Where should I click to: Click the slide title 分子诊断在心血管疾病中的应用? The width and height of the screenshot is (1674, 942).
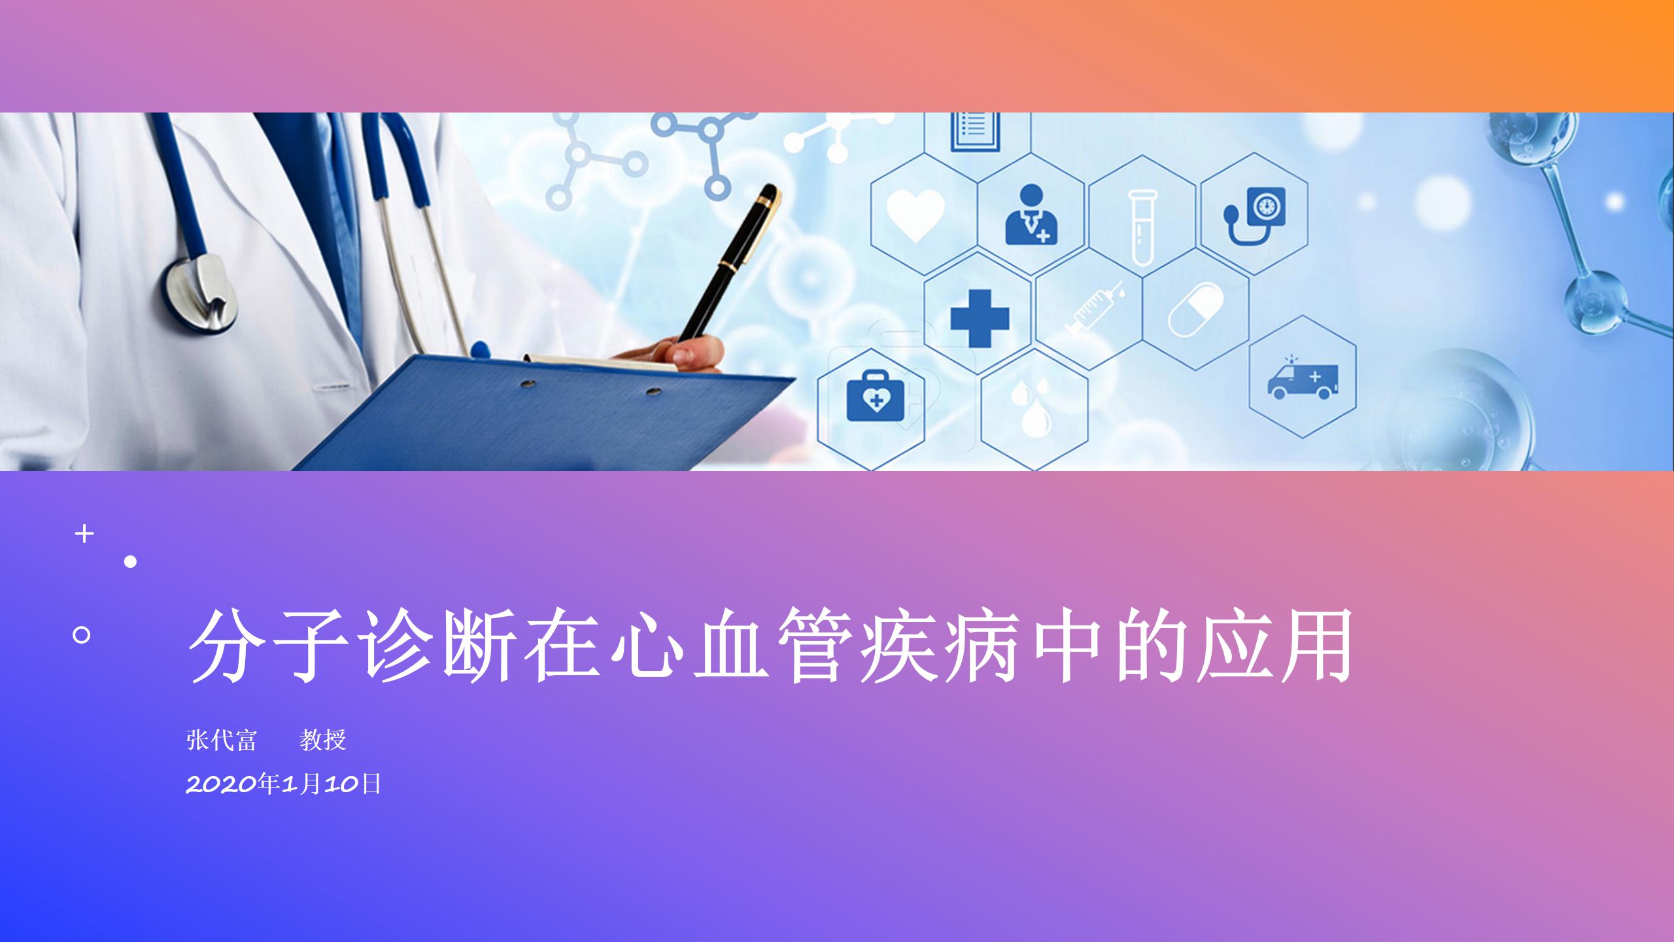(x=770, y=645)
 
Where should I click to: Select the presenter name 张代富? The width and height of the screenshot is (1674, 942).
(x=222, y=740)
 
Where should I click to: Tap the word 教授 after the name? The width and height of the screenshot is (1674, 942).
(x=322, y=740)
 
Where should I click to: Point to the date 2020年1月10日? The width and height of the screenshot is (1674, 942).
(x=284, y=783)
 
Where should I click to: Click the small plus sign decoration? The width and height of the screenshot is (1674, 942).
(x=84, y=534)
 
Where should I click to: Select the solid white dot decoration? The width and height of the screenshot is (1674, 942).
(x=131, y=561)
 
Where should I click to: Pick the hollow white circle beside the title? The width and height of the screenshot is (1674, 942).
(x=82, y=635)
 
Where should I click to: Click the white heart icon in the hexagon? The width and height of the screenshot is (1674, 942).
(x=915, y=213)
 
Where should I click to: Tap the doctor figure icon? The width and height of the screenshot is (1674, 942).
(x=1031, y=214)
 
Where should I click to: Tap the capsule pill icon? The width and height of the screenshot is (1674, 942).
(x=1196, y=309)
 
